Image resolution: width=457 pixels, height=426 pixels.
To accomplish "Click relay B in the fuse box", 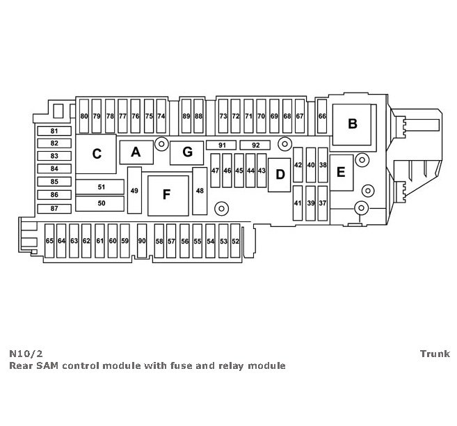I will coord(352,125).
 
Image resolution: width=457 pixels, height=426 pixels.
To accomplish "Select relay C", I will coord(97,154).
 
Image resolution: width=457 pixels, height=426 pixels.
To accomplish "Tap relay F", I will coord(166,194).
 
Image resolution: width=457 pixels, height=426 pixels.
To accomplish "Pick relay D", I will coord(280,174).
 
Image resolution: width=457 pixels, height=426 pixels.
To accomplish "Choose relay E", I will coord(341,172).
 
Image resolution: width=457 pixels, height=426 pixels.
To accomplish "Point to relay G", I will coord(186,152).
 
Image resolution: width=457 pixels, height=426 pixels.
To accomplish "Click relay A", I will coord(136,152).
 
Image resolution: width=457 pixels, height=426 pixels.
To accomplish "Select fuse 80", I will coord(84,116).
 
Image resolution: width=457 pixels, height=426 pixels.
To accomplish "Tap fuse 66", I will coord(322,116).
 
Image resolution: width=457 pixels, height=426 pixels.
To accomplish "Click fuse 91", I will coord(223,145).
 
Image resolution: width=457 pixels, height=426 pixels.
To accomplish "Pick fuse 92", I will coord(255,145).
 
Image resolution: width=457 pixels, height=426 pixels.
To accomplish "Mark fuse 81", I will coord(55,131).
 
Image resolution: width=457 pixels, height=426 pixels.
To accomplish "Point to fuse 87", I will coord(55,209).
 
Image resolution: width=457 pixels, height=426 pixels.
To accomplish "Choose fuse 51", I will coord(101,187).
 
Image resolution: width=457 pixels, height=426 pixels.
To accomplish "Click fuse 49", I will coord(134,191).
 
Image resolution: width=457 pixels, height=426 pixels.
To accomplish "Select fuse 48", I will coord(200,191).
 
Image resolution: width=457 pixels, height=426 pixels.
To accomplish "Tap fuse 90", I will coord(142,241).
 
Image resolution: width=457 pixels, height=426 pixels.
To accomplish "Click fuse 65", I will coord(49,241).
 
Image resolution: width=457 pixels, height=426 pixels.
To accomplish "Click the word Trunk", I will coord(435,354).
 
